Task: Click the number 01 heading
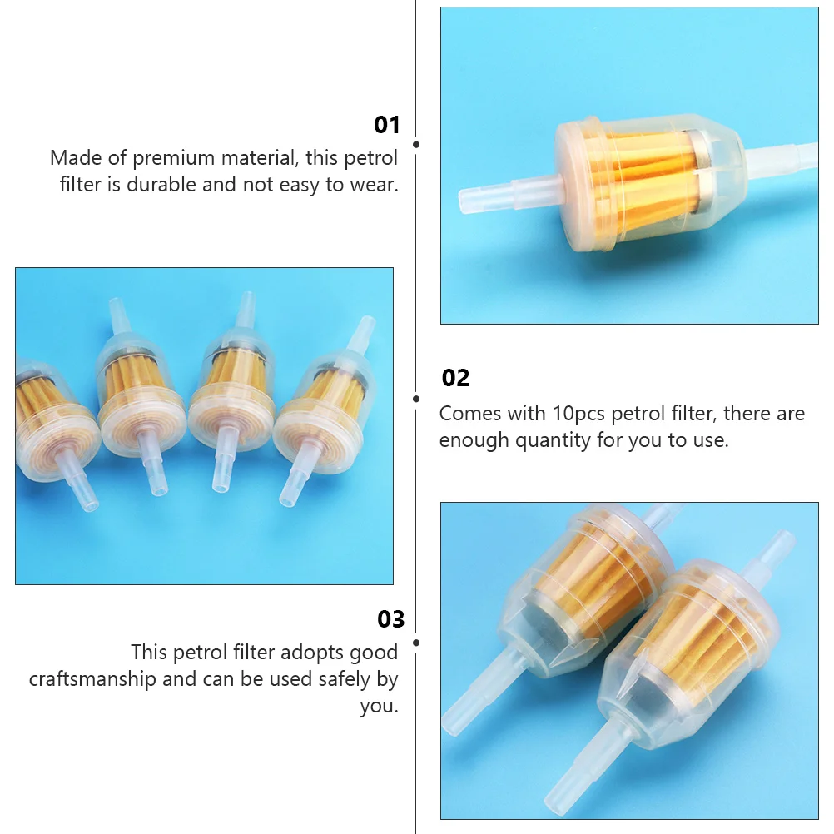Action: point(387,125)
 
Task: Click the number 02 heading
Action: point(455,378)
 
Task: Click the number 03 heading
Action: point(390,619)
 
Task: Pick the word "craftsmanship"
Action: point(92,678)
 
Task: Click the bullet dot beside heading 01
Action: point(416,144)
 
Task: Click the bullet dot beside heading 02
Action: point(416,398)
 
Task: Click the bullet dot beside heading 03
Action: point(416,643)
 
